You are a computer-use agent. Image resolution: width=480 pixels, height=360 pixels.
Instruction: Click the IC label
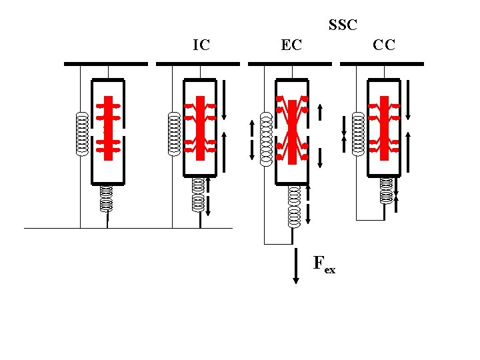(x=201, y=45)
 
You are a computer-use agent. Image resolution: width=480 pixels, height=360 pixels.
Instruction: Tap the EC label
(x=291, y=45)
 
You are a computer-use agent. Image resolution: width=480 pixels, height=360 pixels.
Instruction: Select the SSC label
(x=343, y=25)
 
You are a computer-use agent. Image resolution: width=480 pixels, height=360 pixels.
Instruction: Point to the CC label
(x=384, y=45)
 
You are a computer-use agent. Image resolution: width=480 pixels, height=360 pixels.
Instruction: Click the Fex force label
(x=324, y=265)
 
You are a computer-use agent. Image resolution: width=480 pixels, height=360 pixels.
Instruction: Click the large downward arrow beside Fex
(x=295, y=267)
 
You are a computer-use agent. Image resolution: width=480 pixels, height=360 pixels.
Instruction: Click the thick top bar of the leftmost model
(x=106, y=64)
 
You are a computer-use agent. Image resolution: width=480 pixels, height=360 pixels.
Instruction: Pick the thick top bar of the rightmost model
(x=382, y=64)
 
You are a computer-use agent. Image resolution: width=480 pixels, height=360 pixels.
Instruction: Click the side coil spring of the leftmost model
(x=82, y=133)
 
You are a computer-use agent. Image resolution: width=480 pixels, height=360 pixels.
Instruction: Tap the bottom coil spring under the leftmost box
(x=106, y=197)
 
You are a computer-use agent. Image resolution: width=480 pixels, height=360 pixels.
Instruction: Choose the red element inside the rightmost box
(x=383, y=128)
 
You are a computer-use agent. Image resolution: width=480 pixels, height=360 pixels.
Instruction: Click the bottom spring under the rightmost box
(x=385, y=191)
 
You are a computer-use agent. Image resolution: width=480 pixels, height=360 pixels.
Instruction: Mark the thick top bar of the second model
(x=198, y=64)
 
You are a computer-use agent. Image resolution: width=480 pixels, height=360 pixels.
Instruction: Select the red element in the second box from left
(x=199, y=128)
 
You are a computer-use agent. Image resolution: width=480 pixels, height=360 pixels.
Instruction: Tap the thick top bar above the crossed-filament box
(x=290, y=64)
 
